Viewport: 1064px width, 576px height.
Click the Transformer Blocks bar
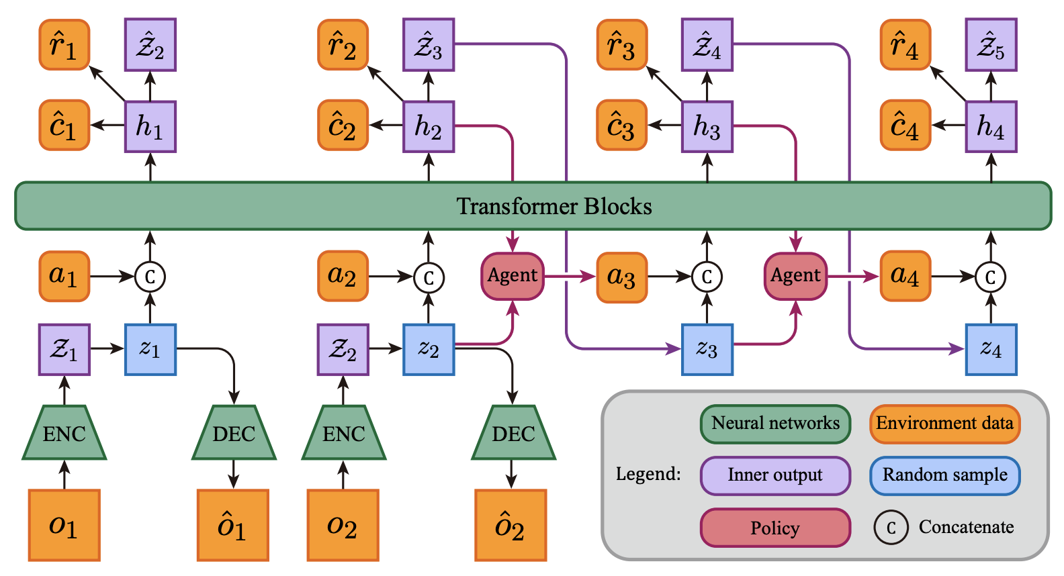point(533,206)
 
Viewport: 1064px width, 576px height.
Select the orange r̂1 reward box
point(64,45)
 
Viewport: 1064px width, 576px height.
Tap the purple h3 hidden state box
point(707,127)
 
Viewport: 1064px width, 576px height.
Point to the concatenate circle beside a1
point(150,277)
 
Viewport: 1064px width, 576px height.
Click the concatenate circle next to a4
point(991,277)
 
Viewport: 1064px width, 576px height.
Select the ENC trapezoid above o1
point(64,432)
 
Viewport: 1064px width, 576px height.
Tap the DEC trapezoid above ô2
point(513,432)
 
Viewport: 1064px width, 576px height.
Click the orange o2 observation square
point(343,525)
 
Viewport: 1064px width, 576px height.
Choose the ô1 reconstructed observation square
point(233,525)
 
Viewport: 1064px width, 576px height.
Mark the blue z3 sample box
point(707,350)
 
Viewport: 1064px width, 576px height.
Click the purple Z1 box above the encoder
point(64,350)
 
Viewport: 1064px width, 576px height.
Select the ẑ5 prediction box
point(991,45)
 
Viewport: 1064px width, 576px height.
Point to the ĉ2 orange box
point(343,126)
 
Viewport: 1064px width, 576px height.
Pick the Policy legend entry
point(775,528)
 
